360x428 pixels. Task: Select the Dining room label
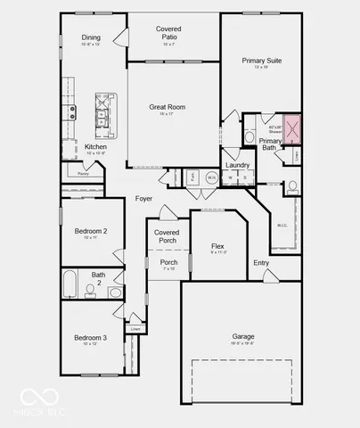[x=92, y=37]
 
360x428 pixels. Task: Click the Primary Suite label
[x=262, y=61]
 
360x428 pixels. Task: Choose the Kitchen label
[x=96, y=147]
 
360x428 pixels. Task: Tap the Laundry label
[x=237, y=165]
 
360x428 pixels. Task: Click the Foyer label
[x=144, y=198]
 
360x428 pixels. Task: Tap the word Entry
[x=261, y=262]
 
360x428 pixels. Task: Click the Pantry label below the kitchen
[x=82, y=174]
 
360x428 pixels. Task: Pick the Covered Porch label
[x=167, y=236]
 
